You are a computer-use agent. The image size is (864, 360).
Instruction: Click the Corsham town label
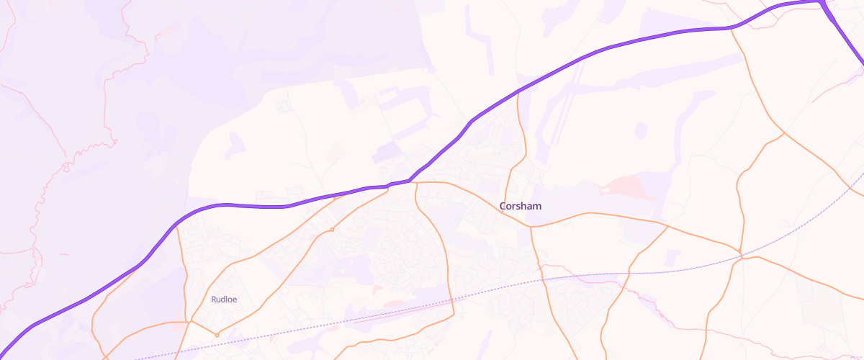[x=520, y=207]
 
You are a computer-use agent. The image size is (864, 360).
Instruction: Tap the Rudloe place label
[x=224, y=300]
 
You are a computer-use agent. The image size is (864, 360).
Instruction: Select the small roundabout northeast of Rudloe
[x=331, y=230]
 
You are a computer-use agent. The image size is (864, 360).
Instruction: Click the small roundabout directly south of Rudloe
[x=217, y=335]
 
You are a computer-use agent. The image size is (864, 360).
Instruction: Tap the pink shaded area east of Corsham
[x=626, y=187]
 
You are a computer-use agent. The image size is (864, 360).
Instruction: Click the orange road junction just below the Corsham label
[x=531, y=227]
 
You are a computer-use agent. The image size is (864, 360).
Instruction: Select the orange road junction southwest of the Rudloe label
[x=189, y=321]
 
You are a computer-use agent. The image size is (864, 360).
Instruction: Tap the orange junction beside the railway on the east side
[x=740, y=254]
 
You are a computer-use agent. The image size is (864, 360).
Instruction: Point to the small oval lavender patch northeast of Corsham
[x=641, y=130]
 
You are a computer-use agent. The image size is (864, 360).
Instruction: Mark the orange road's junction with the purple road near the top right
[x=732, y=29]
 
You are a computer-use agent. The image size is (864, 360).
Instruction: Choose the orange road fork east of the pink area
[x=667, y=227]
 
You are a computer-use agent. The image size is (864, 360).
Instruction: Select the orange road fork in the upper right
[x=784, y=133]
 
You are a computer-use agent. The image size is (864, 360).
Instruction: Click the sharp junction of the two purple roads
[x=821, y=2]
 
